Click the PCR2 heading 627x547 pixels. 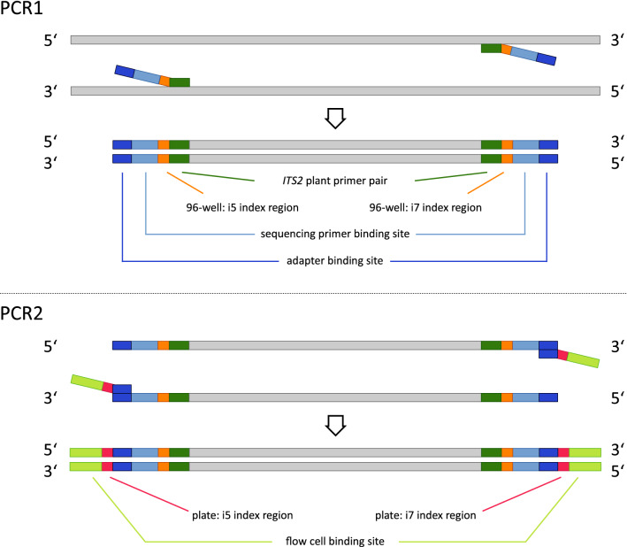coord(27,312)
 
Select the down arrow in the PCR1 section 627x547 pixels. coord(334,119)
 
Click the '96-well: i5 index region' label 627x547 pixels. coord(234,209)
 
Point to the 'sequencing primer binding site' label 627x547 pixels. coord(334,235)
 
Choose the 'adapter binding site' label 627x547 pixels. coord(334,262)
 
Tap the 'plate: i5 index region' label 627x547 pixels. coord(239,513)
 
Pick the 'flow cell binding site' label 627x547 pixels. coord(334,541)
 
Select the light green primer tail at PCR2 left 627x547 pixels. coord(86,381)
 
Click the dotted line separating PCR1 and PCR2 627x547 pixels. coord(313,293)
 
